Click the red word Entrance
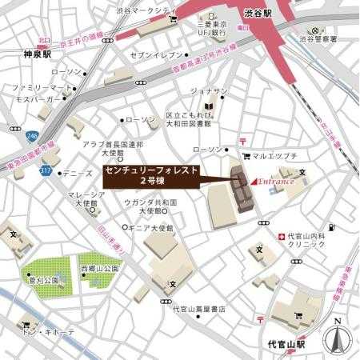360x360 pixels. point(277,182)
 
